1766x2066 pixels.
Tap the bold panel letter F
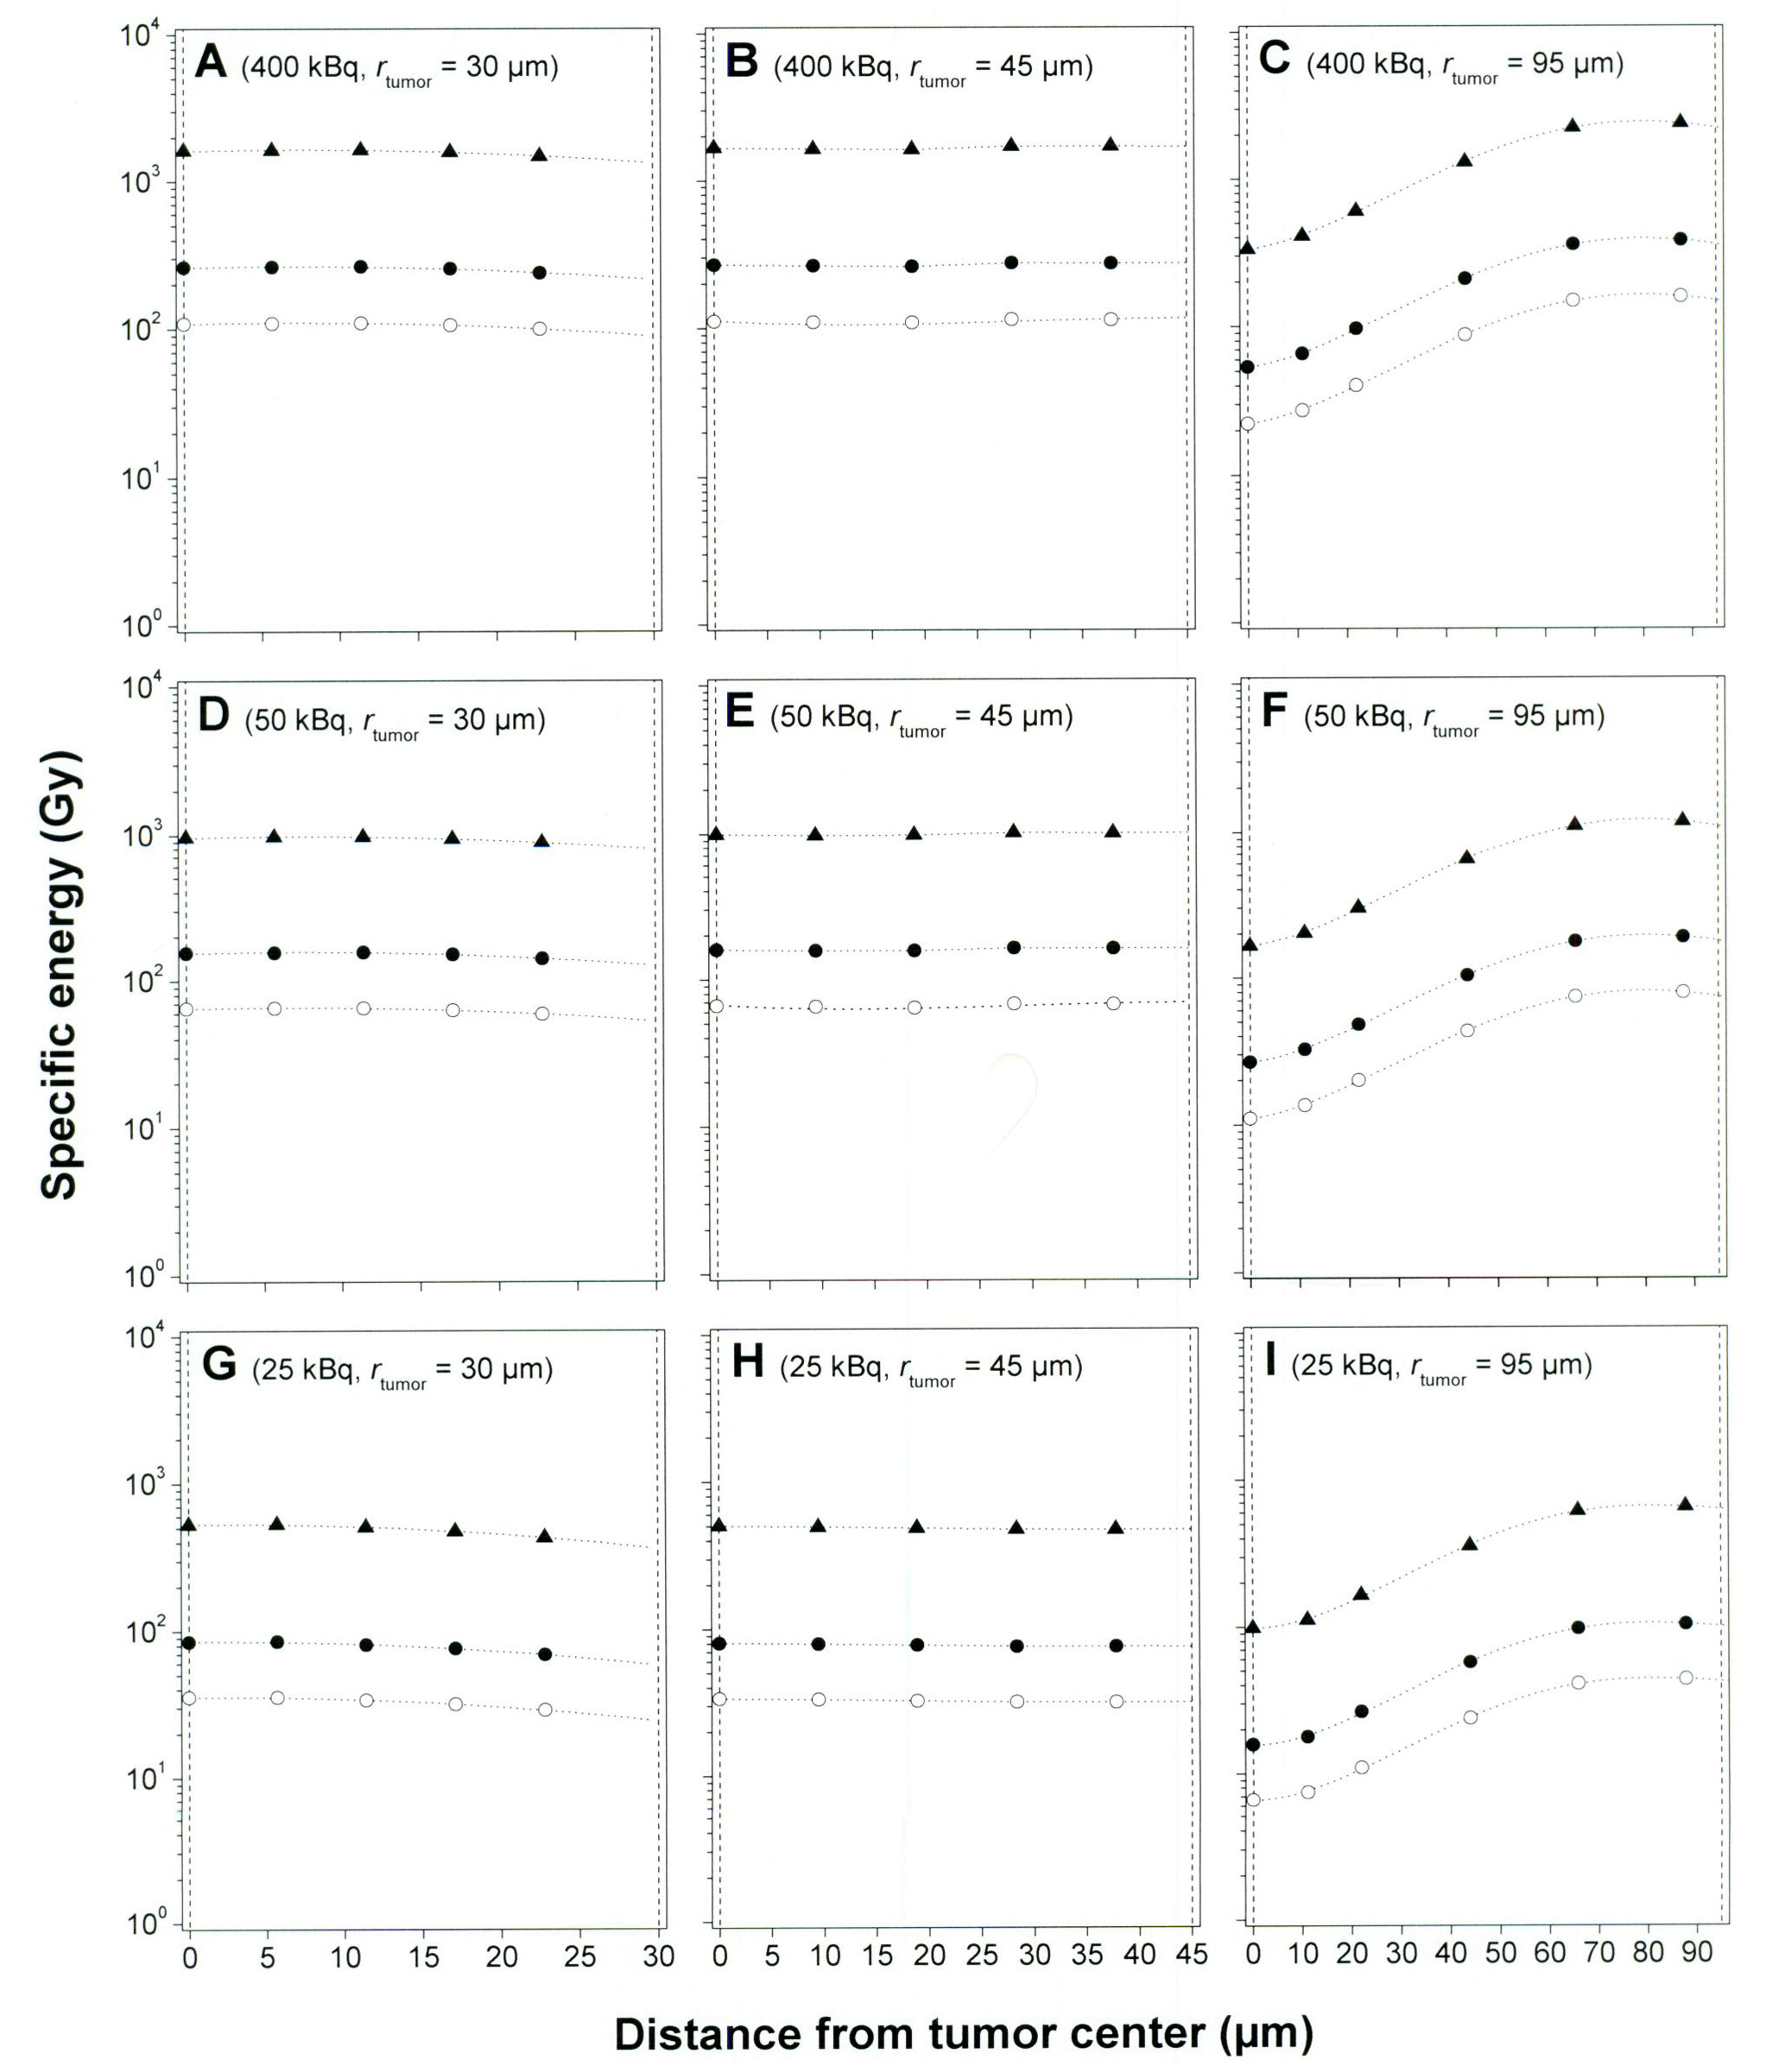point(1275,713)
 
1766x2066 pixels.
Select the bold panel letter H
point(748,1362)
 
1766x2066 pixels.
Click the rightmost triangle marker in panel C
point(1680,121)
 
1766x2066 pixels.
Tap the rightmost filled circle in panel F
point(1682,935)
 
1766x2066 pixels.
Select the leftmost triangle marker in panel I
point(1253,1627)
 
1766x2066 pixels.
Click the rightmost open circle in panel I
point(1685,1677)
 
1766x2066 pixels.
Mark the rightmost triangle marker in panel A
point(540,155)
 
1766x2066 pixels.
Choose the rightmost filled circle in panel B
point(1111,262)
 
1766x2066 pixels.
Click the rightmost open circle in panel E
point(1113,1002)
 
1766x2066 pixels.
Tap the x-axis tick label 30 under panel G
point(658,1956)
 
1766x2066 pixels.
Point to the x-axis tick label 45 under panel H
point(1192,1955)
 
